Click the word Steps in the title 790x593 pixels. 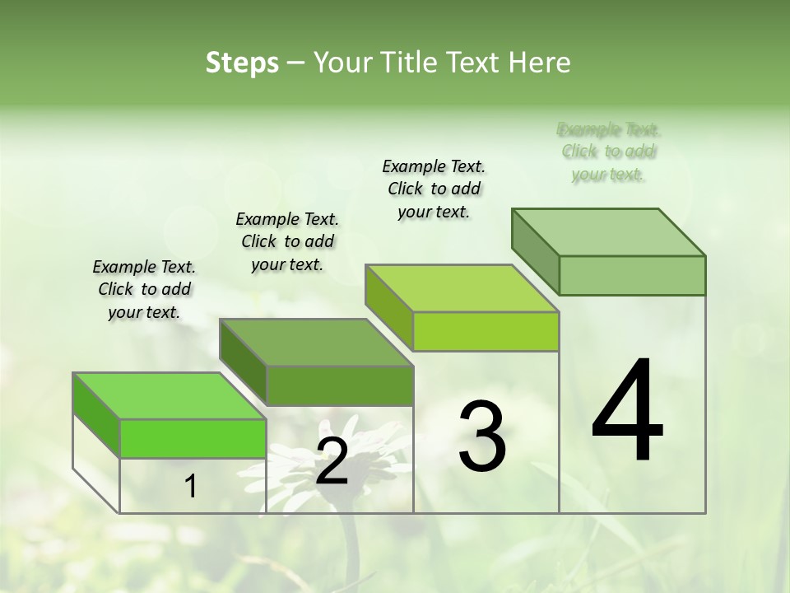pyautogui.click(x=241, y=63)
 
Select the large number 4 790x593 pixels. pyautogui.click(x=627, y=412)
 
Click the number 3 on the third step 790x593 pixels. pyautogui.click(x=482, y=437)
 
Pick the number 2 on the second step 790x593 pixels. pyautogui.click(x=332, y=461)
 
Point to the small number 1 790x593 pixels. pyautogui.click(x=191, y=486)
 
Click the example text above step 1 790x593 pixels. pyautogui.click(x=144, y=289)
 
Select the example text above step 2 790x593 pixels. pyautogui.click(x=287, y=241)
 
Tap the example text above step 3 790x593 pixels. pyautogui.click(x=434, y=189)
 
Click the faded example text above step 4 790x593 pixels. pyautogui.click(x=609, y=152)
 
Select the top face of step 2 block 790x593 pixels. pyautogui.click(x=316, y=342)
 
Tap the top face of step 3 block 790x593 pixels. pyautogui.click(x=462, y=288)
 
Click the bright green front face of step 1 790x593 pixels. pyautogui.click(x=193, y=438)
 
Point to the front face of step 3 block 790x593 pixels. pyautogui.click(x=486, y=332)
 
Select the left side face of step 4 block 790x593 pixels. pyautogui.click(x=536, y=251)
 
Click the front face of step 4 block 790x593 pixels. pyautogui.click(x=632, y=275)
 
